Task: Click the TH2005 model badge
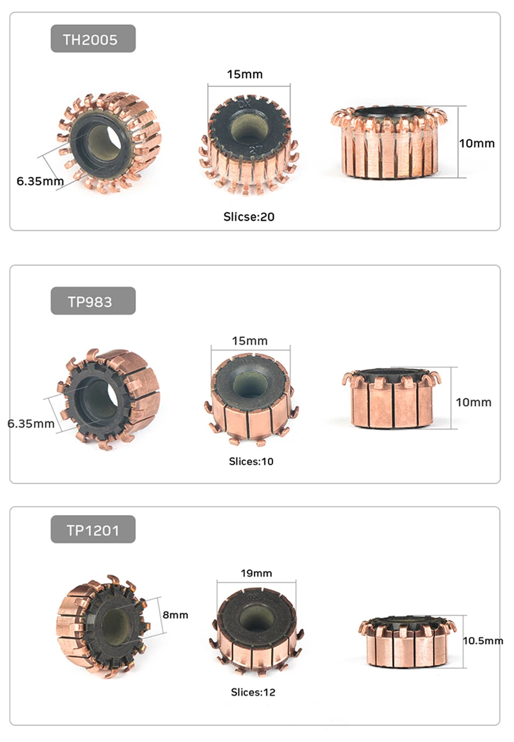(x=93, y=39)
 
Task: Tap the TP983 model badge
(x=93, y=301)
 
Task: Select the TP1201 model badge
(x=93, y=529)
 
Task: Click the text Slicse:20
(x=249, y=217)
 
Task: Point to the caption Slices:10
(x=251, y=461)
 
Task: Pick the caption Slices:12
(x=253, y=689)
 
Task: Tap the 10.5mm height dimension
(x=483, y=641)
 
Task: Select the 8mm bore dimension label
(x=175, y=615)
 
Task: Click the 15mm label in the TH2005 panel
(x=245, y=75)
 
